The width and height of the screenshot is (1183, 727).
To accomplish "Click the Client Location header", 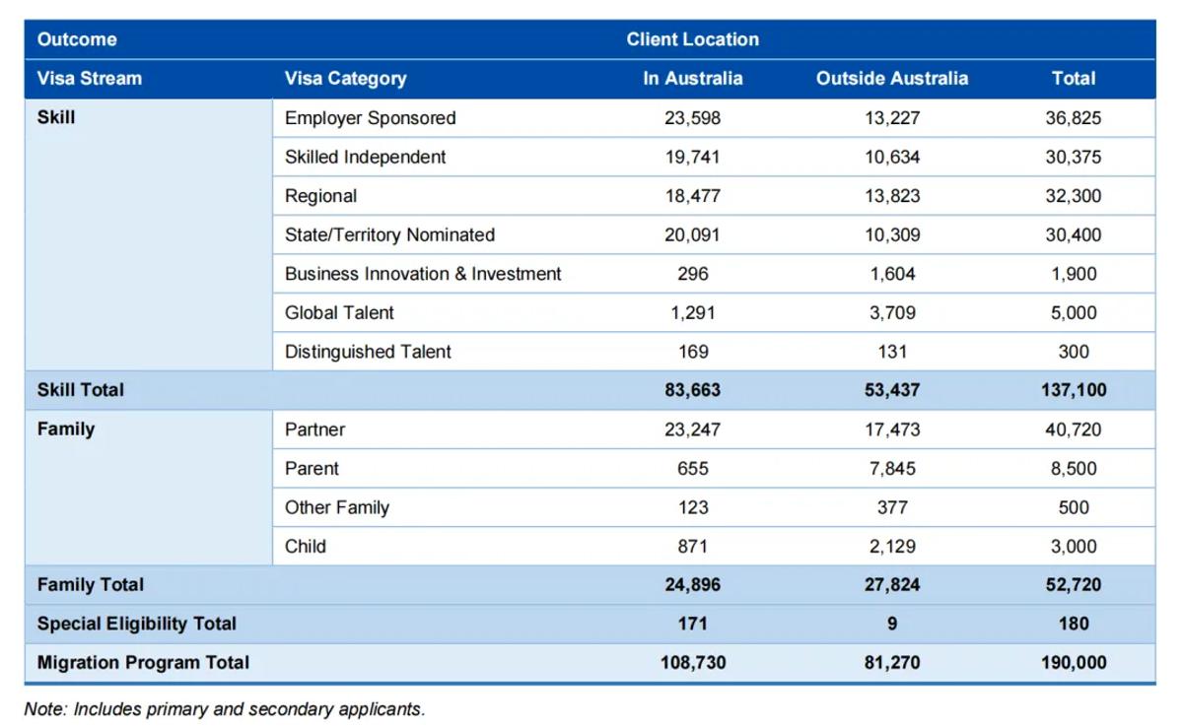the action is coord(692,39).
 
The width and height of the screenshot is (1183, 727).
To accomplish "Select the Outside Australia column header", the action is coord(892,79).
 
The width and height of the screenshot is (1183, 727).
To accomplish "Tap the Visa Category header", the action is coord(345,79).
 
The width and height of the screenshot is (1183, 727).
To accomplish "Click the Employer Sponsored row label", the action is coord(371,118).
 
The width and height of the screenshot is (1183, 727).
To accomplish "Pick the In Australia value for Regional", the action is coord(692,196).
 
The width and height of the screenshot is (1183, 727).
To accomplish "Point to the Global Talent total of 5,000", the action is coord(1074,313).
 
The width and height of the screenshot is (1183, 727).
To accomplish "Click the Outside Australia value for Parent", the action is coord(892,469).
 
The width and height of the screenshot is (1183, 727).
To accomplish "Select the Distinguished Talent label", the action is coord(368,352).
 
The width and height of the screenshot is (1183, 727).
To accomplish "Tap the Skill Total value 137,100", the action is coord(1074,390).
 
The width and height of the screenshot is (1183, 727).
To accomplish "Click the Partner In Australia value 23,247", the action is coord(692,430).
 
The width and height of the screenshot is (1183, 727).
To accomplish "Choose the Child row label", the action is coord(306,546).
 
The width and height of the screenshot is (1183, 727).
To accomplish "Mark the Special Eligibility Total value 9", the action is coord(892,624).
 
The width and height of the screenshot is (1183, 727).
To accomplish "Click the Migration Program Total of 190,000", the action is coord(1074,663).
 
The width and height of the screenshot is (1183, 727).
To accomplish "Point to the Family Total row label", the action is coord(91,584).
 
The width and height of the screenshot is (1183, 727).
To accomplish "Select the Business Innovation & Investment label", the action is coord(423,274).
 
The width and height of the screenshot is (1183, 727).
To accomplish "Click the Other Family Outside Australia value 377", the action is coord(892,507).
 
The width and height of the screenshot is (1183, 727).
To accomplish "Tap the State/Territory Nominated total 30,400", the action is coord(1074,234).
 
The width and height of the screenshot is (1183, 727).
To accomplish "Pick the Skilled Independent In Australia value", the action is coord(692,158).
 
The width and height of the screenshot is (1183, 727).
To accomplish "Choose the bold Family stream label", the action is coord(66,430).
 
